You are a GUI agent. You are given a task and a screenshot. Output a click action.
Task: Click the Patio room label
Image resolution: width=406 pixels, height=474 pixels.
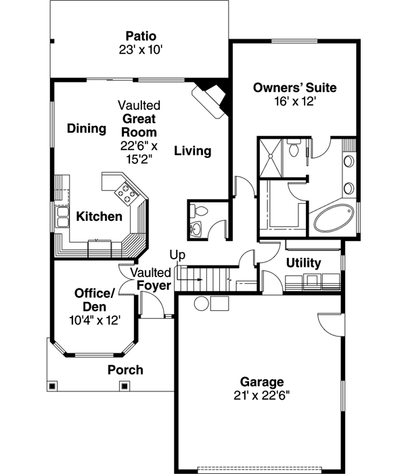click(x=140, y=35)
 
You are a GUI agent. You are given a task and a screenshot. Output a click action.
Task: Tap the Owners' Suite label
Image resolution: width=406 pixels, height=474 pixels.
click(x=294, y=87)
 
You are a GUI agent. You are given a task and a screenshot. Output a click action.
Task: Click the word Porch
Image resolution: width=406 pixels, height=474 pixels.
click(x=125, y=370)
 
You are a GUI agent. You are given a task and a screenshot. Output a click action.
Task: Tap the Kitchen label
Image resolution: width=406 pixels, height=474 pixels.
click(x=99, y=217)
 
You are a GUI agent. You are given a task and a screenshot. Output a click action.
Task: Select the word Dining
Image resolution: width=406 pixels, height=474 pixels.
click(x=87, y=129)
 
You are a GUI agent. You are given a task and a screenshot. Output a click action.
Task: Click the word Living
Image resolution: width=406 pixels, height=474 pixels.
click(x=192, y=151)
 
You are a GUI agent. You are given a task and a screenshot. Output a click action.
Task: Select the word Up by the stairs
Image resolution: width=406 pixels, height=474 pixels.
click(x=177, y=255)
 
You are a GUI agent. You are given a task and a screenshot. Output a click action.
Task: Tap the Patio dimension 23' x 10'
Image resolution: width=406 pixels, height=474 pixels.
click(x=140, y=49)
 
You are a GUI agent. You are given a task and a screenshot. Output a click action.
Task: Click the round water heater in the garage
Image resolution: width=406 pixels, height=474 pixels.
click(x=202, y=302)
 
